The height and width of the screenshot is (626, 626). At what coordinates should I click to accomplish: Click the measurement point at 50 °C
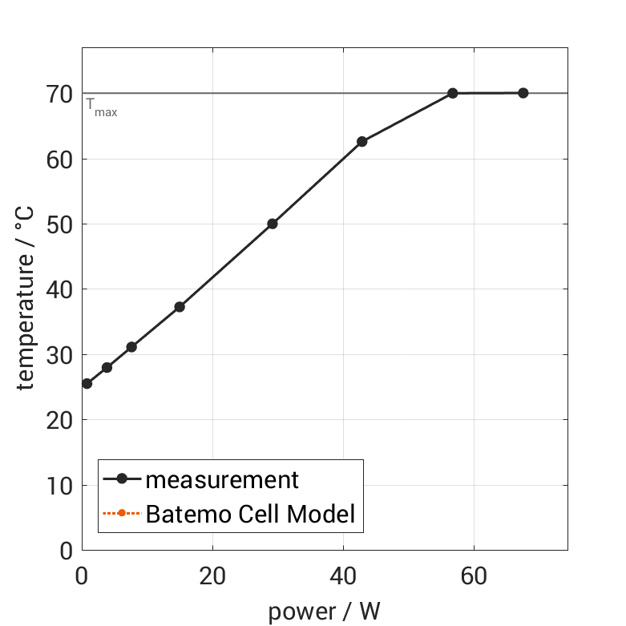[273, 224]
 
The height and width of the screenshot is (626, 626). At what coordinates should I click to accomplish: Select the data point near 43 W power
[361, 141]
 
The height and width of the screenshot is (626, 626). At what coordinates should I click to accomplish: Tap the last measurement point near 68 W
[523, 93]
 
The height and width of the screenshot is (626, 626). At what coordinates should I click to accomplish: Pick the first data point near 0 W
[87, 383]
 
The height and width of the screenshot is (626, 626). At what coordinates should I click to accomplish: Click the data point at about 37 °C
[180, 307]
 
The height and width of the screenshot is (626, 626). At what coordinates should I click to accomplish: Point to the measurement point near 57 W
[453, 93]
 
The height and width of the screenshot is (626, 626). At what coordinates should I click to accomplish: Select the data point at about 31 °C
[131, 347]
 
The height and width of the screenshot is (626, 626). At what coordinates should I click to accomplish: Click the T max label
[102, 108]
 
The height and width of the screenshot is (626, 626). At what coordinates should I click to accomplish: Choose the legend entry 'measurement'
[222, 480]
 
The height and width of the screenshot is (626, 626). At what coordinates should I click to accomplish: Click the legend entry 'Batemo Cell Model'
[250, 514]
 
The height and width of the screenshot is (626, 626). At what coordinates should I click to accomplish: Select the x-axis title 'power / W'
[324, 612]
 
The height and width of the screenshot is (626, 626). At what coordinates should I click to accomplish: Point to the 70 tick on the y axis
[60, 94]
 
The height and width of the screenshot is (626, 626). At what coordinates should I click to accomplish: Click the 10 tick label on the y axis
[60, 486]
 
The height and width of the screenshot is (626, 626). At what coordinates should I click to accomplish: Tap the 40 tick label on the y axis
[60, 289]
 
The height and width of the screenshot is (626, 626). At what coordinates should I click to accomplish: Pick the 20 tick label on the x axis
[212, 576]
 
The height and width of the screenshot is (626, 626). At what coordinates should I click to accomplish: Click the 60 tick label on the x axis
[474, 576]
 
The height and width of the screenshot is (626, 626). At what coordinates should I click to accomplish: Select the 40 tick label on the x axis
[343, 576]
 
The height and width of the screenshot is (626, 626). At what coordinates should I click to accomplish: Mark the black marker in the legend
[122, 479]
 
